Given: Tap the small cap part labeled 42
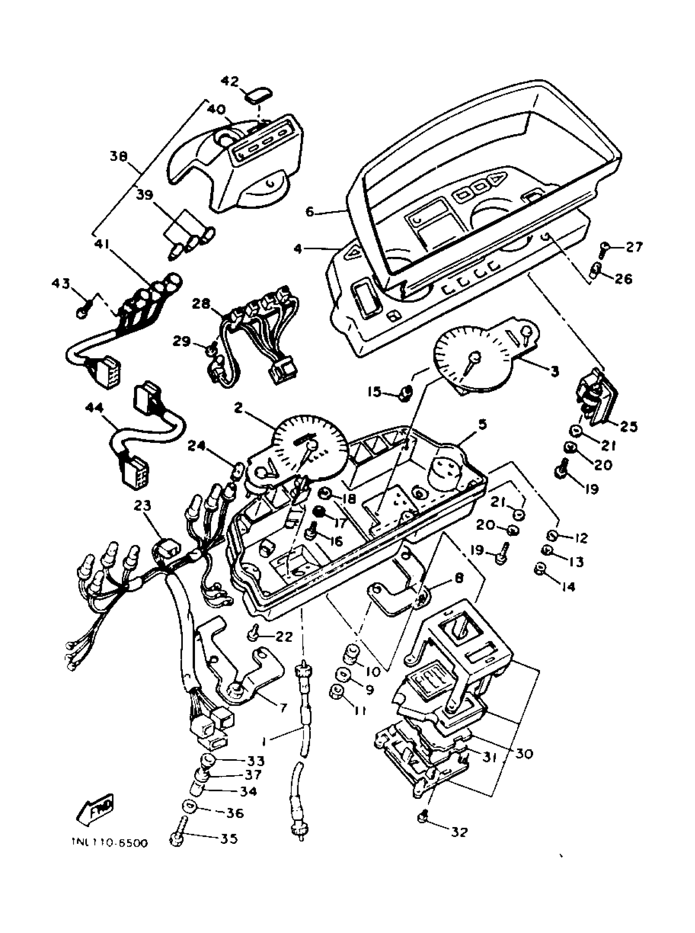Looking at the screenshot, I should point(258,95).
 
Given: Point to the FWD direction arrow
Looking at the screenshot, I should point(95,808).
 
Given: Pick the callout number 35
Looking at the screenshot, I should point(229,839).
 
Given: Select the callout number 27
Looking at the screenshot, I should point(634,247).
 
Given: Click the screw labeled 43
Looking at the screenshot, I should point(82,312).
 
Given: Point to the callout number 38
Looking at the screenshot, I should point(119,156).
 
